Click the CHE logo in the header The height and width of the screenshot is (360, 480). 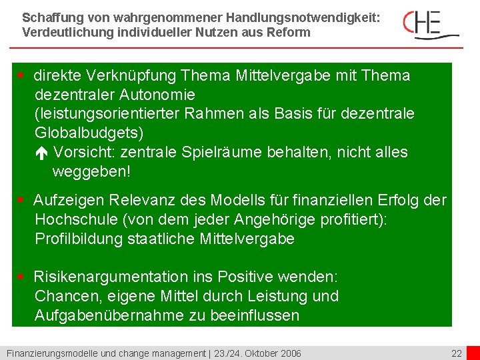coord(430,24)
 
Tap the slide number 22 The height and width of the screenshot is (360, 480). coord(456,353)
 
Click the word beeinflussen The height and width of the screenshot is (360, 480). coord(255,315)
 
